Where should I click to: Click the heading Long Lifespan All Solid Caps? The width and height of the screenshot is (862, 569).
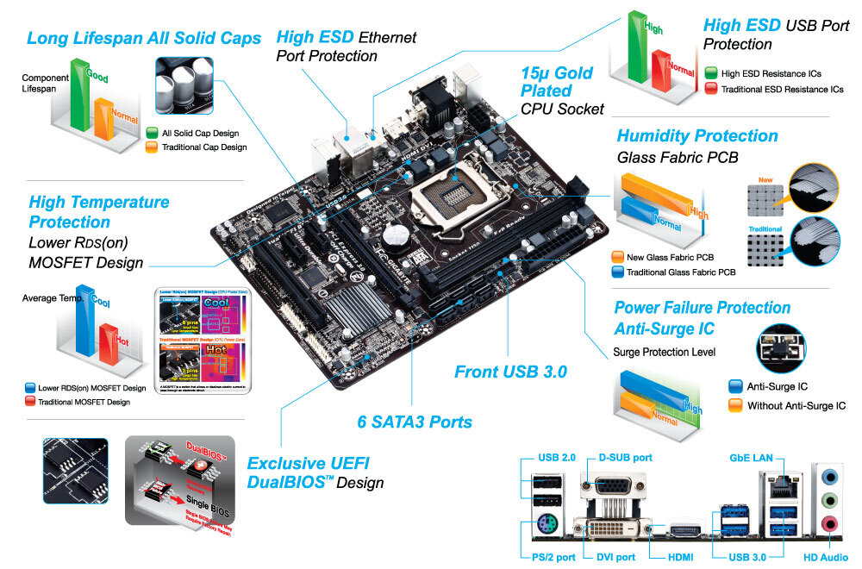[x=144, y=39]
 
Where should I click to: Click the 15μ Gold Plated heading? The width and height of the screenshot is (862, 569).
[x=557, y=82]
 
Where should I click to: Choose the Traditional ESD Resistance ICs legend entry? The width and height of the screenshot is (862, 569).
[x=781, y=89]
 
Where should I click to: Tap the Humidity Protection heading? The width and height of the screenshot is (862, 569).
[x=697, y=136]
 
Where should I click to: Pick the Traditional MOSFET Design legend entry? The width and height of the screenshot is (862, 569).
[x=84, y=402]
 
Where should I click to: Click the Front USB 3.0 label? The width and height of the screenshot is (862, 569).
[x=510, y=372]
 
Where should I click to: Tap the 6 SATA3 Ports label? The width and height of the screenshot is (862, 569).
[x=415, y=422]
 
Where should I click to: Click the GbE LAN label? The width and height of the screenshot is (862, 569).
[x=751, y=457]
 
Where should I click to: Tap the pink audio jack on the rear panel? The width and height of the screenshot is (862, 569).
[x=828, y=522]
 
